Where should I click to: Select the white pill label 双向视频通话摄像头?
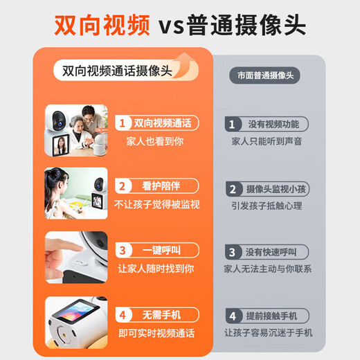click(116, 71)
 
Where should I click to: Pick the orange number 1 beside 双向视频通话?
click(123, 123)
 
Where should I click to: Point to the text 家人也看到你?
click(156, 141)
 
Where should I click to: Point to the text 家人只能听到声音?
click(267, 142)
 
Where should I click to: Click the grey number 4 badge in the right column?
click(231, 314)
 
